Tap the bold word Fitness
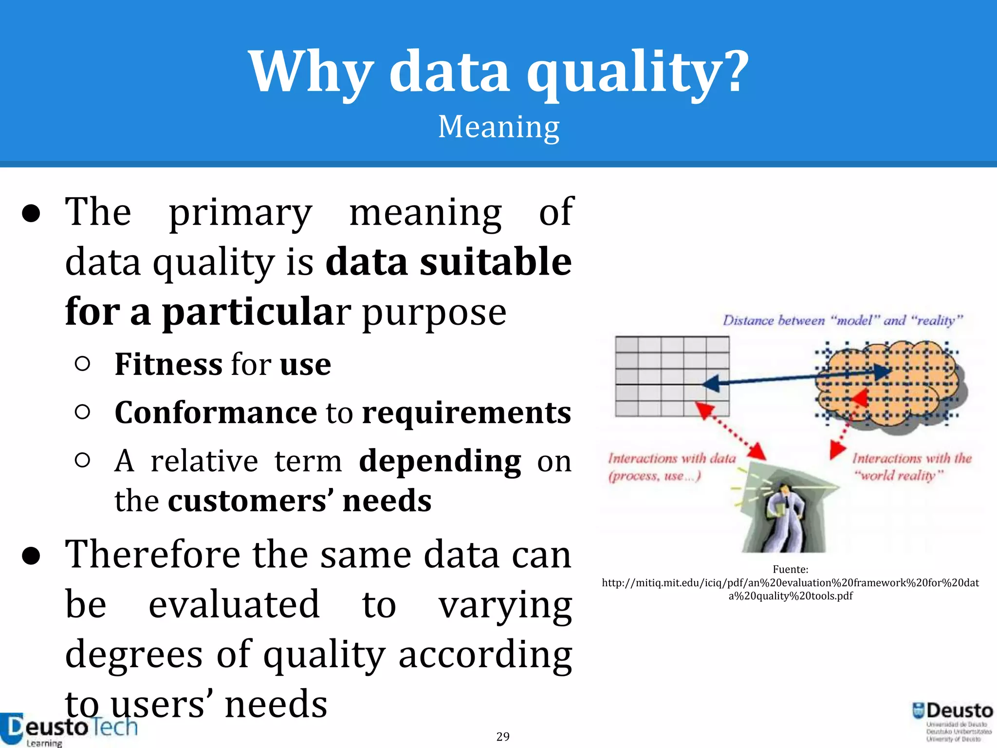coord(168,364)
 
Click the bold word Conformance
coord(216,412)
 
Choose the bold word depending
coord(440,461)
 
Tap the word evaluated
coord(234,605)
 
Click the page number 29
coord(503,736)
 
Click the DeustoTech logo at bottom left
coord(68,729)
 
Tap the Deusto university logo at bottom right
coord(953,721)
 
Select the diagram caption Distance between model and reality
coord(842,320)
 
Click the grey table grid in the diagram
coord(672,376)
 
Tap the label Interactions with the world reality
coord(911,466)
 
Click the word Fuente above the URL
coord(790,569)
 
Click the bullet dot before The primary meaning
coord(31,213)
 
